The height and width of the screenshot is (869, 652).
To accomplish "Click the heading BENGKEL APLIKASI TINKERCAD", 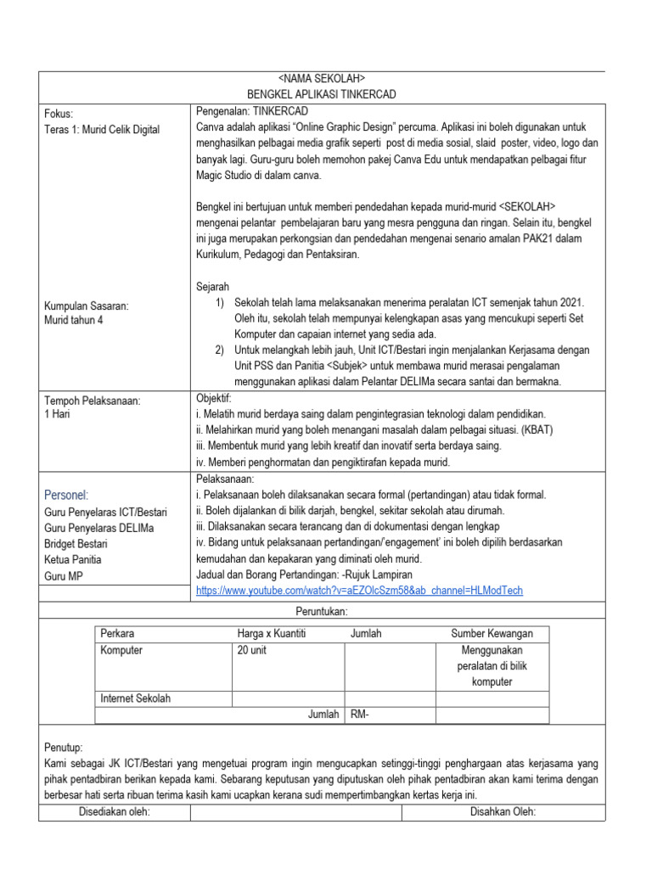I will coord(321,94).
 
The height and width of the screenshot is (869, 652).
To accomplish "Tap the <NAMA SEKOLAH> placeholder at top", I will coord(321,79).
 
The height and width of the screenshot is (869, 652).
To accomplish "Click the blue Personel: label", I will coord(66,495).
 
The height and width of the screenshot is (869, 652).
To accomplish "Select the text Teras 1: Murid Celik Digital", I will coord(101,129).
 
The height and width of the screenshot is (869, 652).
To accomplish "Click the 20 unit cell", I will coord(254,650).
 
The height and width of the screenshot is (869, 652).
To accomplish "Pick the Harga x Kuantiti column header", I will coord(271,634).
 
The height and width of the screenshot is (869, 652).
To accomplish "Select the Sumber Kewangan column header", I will coord(492,634).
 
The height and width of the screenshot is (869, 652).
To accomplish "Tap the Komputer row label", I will coord(121,650).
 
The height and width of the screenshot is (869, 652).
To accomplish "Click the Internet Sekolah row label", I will coord(135,698).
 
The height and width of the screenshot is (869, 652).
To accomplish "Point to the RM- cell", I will coord(360,715).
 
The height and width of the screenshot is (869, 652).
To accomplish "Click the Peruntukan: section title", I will coord(321,612).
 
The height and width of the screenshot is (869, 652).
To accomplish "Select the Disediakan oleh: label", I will coord(114,812).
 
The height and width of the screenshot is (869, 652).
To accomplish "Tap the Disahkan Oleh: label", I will coord(503,812).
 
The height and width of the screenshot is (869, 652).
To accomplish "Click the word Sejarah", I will coord(212,287).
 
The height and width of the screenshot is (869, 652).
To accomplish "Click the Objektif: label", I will coord(213,397).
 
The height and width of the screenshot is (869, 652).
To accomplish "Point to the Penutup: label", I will coord(64,747).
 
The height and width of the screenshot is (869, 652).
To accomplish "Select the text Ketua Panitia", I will coord(72,560).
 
